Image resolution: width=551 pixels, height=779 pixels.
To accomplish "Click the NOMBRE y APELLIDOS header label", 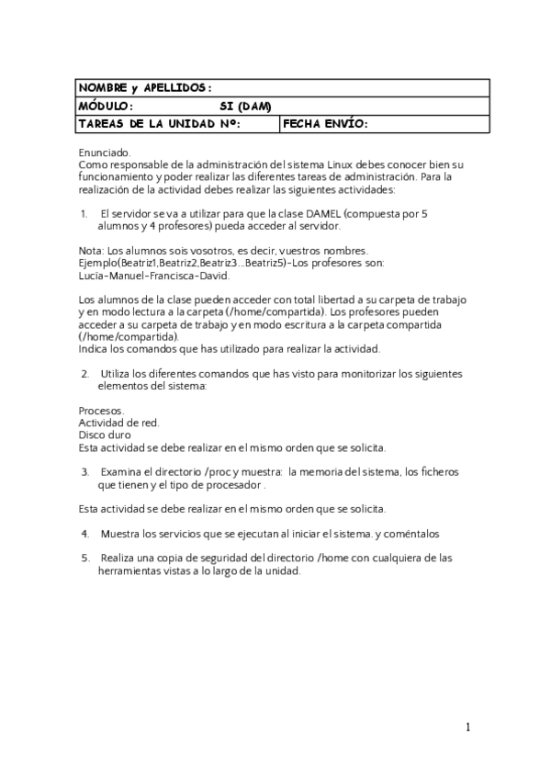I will pos(145,87).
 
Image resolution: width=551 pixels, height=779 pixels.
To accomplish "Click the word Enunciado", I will pos(105,152).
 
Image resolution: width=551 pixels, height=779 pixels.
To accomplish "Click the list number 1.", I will pos(84,213).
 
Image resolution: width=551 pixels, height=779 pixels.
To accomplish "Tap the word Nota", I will pos(90,250).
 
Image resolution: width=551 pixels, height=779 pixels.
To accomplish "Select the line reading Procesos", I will pos(101,411).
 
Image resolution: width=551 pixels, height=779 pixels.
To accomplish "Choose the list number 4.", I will pos(84,533).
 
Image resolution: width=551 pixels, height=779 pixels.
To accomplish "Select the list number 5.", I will pos(84,558).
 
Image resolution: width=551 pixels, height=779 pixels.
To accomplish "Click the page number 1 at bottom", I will pos(467,728).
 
